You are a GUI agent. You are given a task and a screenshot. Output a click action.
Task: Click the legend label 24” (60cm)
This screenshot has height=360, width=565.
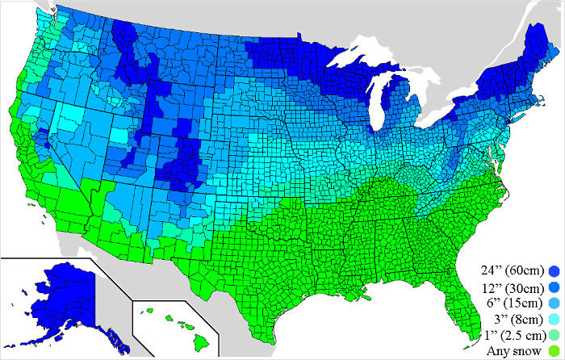510,269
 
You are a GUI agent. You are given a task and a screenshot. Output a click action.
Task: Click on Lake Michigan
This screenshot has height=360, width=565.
375,97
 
